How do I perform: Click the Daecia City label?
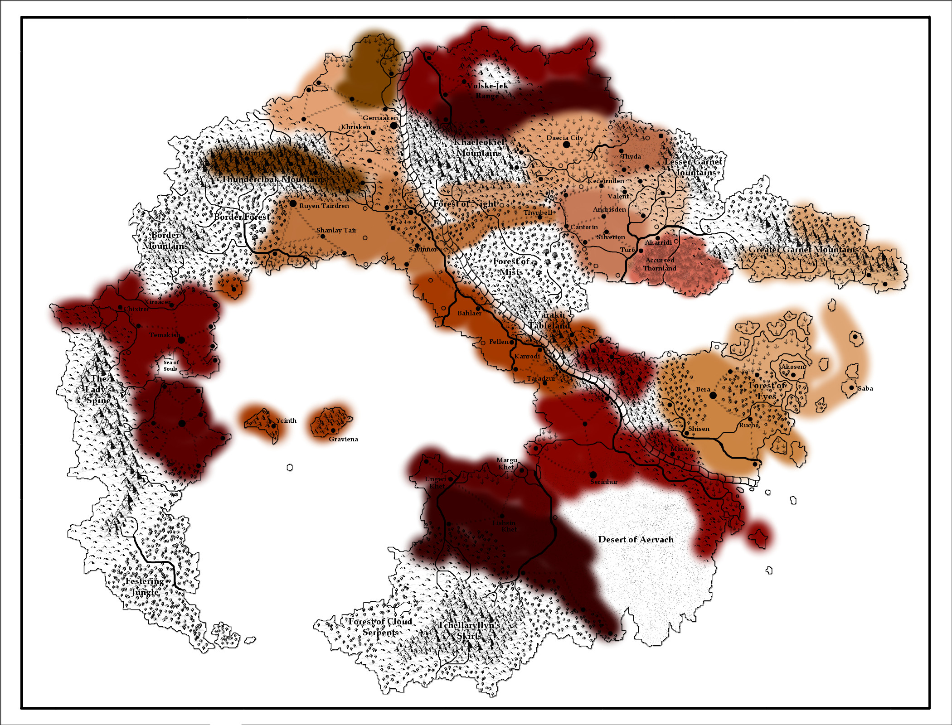click(x=564, y=138)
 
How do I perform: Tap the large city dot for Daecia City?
click(x=566, y=145)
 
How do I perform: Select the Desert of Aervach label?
click(x=636, y=539)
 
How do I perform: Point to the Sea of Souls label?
click(x=171, y=365)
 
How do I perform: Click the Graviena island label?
click(x=343, y=439)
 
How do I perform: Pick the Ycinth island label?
click(x=286, y=420)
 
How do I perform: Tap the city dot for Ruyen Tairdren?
click(x=293, y=203)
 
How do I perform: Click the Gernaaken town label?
click(x=380, y=118)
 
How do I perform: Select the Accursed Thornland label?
click(x=660, y=264)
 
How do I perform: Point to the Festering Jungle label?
click(x=145, y=586)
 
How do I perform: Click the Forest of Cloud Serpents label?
click(x=380, y=627)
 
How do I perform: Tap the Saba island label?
click(x=865, y=388)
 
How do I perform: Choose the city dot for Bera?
click(x=713, y=396)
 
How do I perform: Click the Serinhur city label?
click(x=603, y=482)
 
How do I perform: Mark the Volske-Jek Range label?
click(x=487, y=91)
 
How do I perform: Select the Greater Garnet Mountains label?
click(x=803, y=249)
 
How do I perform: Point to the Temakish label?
click(x=165, y=335)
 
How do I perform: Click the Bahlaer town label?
click(x=469, y=313)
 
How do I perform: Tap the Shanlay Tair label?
click(x=336, y=230)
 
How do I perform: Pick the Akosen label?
click(x=792, y=367)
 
